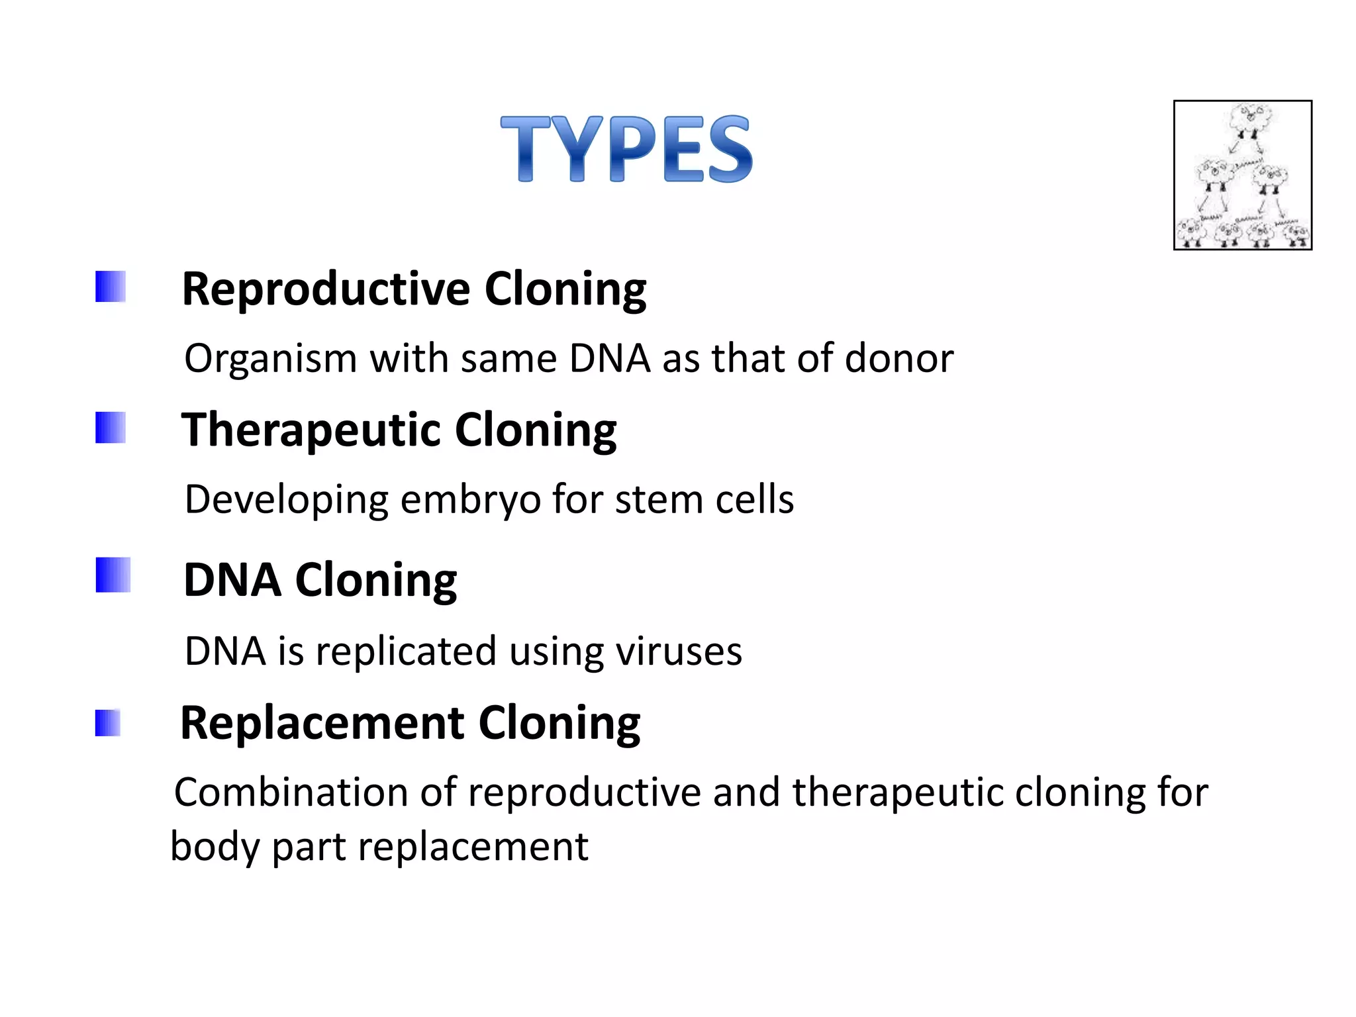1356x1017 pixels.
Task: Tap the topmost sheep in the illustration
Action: click(1249, 120)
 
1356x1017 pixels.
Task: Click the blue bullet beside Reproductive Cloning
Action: click(110, 286)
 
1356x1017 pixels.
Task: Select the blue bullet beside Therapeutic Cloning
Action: click(110, 427)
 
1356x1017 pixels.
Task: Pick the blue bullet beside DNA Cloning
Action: click(113, 574)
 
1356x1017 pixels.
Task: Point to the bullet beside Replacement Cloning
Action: click(107, 722)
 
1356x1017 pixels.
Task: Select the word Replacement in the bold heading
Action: click(322, 723)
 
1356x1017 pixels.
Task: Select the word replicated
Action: click(406, 652)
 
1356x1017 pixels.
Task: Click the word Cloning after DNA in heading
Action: click(375, 581)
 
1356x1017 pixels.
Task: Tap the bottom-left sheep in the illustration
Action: click(1191, 232)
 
